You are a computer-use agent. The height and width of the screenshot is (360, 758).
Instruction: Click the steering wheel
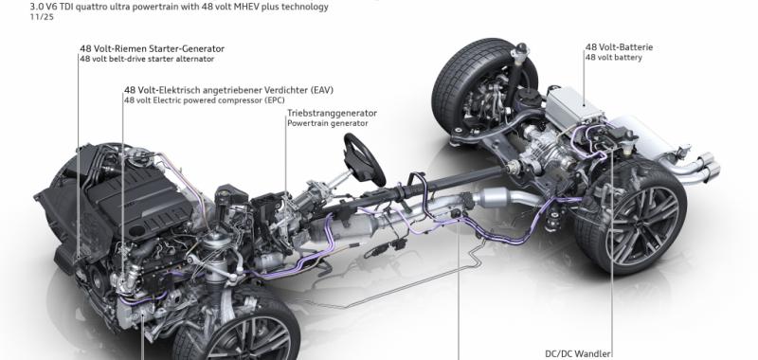click(364, 160)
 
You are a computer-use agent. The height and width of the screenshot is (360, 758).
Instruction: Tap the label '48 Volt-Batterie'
click(619, 47)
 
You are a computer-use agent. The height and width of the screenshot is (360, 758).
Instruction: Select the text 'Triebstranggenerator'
click(333, 113)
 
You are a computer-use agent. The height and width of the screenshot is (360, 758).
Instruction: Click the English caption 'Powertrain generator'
click(327, 123)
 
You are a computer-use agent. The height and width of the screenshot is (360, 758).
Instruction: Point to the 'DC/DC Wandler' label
click(578, 354)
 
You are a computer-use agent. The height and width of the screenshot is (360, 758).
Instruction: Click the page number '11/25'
click(42, 17)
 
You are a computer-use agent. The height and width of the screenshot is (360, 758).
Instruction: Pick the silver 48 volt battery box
click(574, 110)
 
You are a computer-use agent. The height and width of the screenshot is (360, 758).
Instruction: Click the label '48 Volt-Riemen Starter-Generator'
click(153, 49)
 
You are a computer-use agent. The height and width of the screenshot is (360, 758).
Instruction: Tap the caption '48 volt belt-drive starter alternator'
click(147, 59)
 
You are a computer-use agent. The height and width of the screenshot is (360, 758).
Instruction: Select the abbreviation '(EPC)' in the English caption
click(274, 100)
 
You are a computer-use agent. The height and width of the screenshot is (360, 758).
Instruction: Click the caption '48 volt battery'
click(614, 58)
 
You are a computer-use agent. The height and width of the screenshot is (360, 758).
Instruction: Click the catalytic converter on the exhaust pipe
click(492, 198)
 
